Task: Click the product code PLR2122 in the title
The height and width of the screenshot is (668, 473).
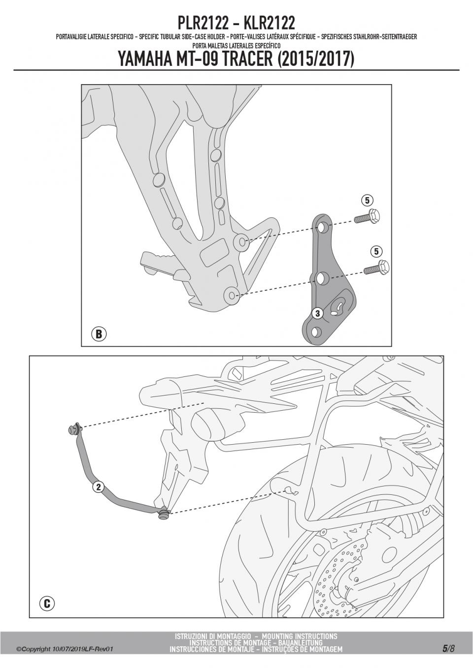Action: pyautogui.click(x=203, y=23)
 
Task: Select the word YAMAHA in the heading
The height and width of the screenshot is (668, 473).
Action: pyautogui.click(x=145, y=59)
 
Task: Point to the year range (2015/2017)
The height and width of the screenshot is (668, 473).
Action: pyautogui.click(x=316, y=59)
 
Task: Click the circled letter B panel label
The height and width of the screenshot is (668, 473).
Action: pyautogui.click(x=99, y=334)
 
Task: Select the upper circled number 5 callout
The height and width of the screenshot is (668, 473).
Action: pyautogui.click(x=367, y=200)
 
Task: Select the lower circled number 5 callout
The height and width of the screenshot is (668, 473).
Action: pyautogui.click(x=376, y=251)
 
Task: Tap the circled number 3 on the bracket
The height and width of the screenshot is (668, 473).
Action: pyautogui.click(x=317, y=313)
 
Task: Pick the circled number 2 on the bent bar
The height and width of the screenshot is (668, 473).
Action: pyautogui.click(x=98, y=487)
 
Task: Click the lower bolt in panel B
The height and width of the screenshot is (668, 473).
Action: pyautogui.click(x=377, y=268)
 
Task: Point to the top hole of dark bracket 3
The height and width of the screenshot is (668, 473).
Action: pyautogui.click(x=322, y=228)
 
